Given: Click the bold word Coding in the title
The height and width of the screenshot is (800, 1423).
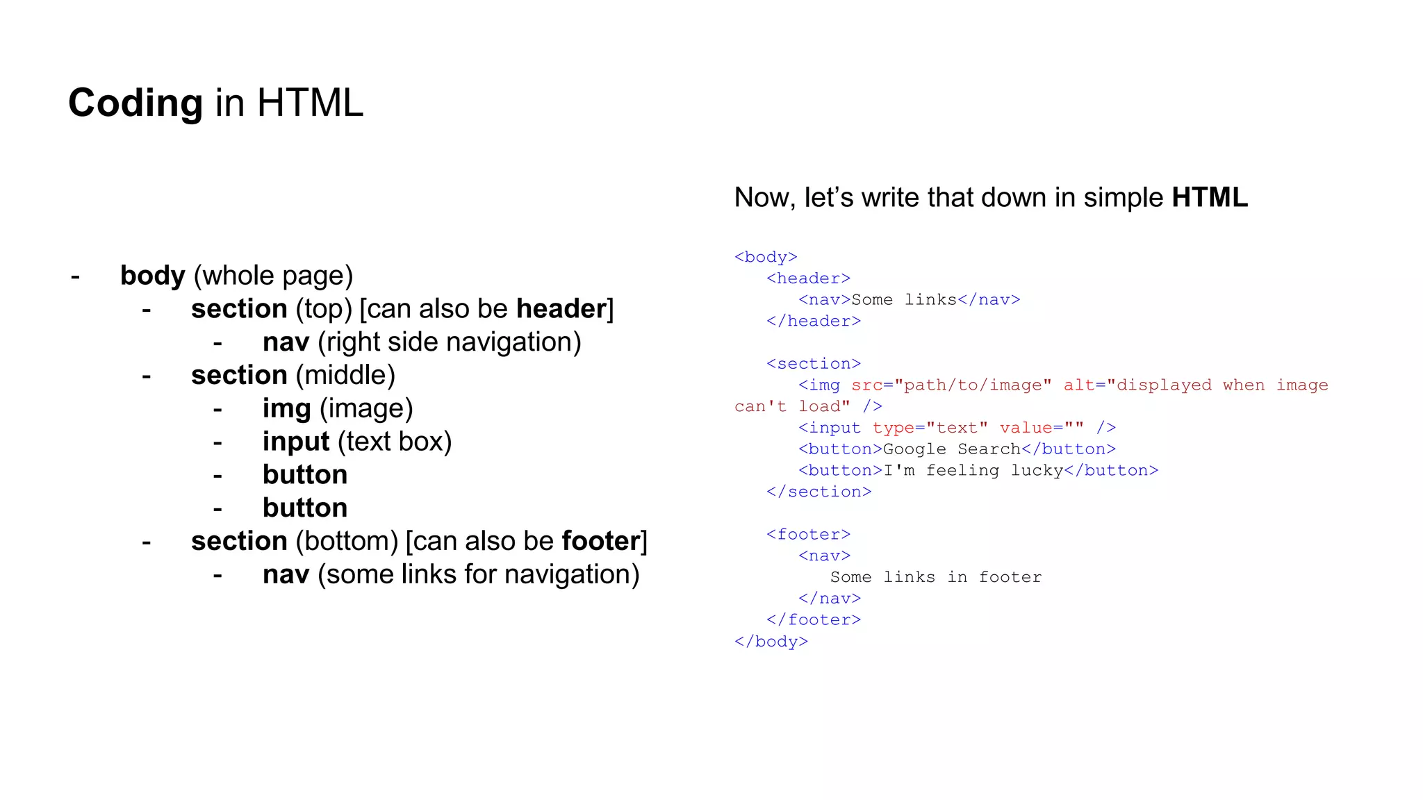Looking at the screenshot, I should point(135,103).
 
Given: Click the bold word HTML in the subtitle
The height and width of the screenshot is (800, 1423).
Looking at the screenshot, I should point(1210,198).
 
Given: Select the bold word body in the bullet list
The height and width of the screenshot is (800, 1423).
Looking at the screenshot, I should point(152,276).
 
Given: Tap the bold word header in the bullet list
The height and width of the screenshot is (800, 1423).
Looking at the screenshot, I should point(561,309).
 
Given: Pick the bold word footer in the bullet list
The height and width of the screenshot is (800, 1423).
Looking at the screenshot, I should point(601,542).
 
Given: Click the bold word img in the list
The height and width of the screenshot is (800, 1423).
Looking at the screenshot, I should point(286,409).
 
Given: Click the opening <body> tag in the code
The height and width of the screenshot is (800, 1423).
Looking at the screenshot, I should point(766,258).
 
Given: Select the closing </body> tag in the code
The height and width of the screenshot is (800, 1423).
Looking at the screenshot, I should point(771,642).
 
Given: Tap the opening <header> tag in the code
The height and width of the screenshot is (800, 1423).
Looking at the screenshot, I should point(808,279).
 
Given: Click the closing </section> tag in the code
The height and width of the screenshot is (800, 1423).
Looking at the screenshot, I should point(819,492).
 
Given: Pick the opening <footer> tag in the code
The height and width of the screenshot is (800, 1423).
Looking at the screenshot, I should point(808,535).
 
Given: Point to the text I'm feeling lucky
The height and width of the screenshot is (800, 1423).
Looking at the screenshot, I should point(973,471).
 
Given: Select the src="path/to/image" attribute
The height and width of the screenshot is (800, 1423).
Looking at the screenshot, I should point(951,385).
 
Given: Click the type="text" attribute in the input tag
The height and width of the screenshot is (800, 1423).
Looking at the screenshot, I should point(930,428).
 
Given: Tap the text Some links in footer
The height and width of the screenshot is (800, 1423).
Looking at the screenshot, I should point(935,578).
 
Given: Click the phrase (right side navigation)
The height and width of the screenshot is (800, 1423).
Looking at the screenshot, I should point(450,342).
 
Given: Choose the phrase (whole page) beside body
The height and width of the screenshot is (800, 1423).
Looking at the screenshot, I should point(273,276).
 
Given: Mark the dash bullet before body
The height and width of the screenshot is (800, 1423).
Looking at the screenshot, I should point(75,276).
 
